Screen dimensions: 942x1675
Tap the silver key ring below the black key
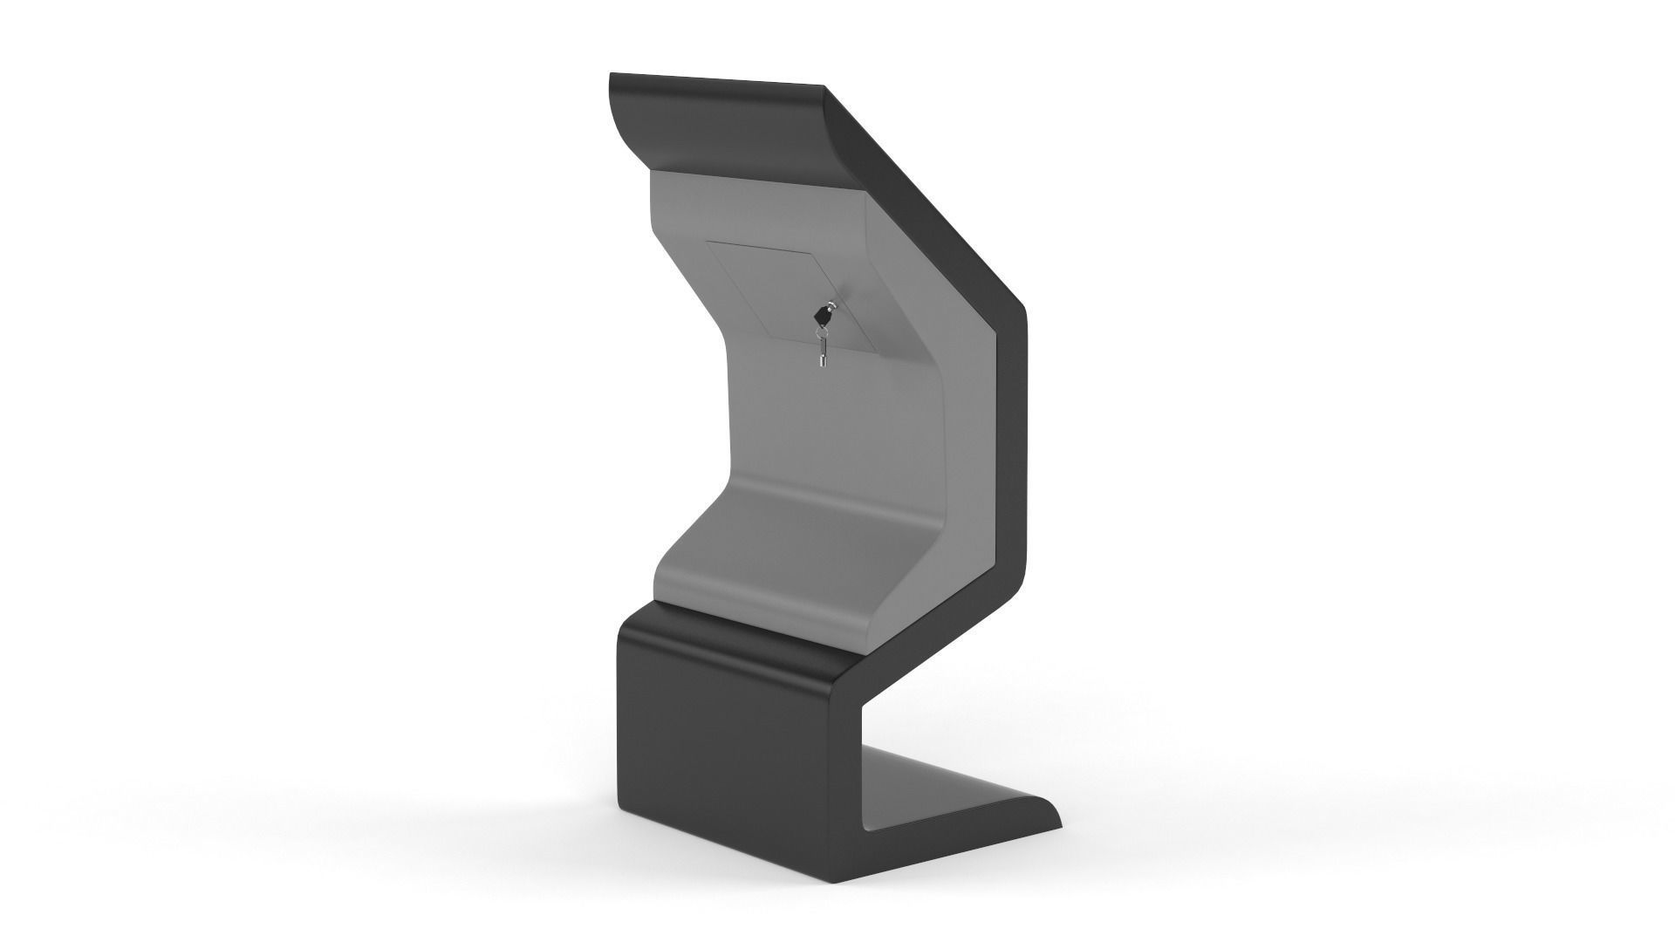(822, 332)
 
